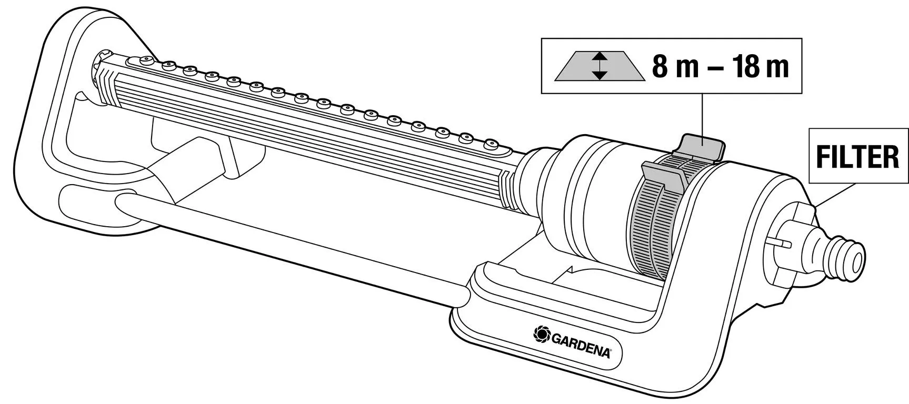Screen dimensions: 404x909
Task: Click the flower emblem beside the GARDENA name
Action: click(541, 334)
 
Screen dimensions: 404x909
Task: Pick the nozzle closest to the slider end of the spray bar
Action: click(491, 143)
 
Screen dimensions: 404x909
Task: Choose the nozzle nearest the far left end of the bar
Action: click(146, 60)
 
